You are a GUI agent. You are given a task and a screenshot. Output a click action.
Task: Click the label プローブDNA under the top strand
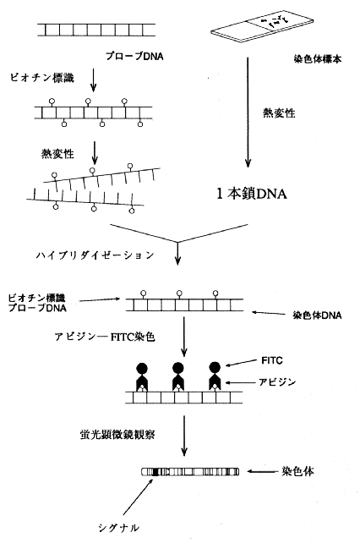click(134, 56)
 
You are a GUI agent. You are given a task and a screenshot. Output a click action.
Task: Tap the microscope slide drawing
click(262, 27)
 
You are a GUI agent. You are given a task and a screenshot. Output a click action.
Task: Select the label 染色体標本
click(317, 59)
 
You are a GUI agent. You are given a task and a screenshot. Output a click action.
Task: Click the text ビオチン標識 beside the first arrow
click(42, 78)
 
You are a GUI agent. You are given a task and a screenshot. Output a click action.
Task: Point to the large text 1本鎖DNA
click(252, 194)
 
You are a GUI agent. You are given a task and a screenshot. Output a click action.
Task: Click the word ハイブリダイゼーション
click(95, 255)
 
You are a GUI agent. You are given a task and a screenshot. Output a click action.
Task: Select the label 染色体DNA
click(317, 315)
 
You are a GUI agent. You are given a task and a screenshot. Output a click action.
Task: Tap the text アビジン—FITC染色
click(105, 337)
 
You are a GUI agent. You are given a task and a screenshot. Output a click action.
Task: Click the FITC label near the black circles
click(272, 360)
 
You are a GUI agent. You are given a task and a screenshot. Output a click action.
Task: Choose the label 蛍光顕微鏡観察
click(117, 435)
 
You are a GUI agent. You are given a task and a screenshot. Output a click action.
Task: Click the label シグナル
click(118, 528)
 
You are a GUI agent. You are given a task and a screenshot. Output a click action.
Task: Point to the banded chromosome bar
click(190, 472)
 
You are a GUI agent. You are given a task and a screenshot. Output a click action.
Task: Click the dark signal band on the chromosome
click(155, 472)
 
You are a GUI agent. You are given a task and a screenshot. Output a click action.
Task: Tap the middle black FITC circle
click(178, 367)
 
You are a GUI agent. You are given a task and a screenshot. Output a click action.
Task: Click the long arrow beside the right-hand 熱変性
click(248, 112)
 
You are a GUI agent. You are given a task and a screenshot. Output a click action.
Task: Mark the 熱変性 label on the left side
click(57, 153)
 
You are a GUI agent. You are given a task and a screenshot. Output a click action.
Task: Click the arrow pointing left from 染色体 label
click(264, 471)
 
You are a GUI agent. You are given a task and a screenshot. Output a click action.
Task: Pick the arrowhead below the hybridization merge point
click(177, 261)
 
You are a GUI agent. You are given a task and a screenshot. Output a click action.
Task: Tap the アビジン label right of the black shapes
click(277, 382)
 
